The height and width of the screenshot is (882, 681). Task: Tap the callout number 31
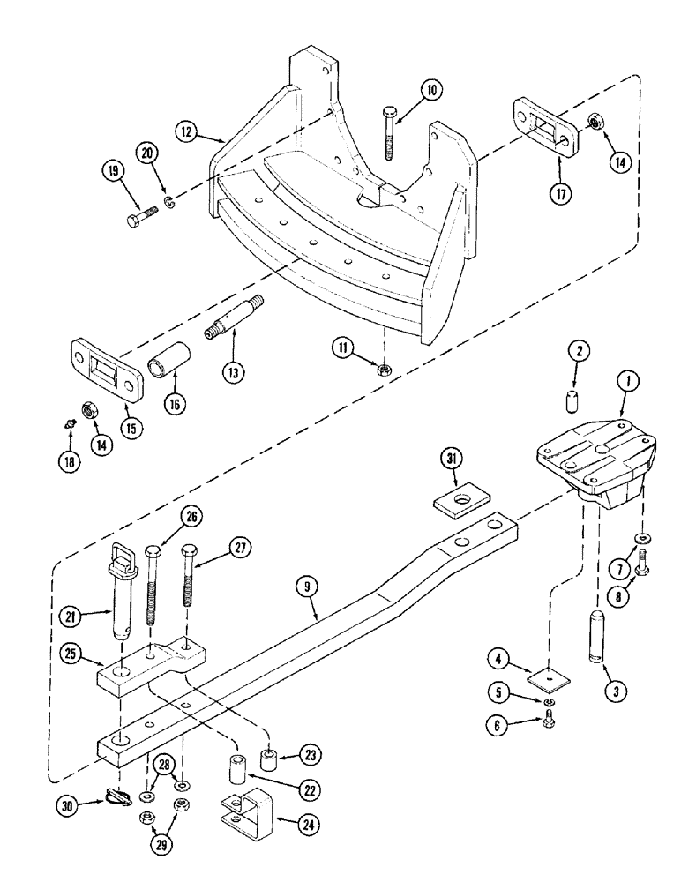[x=452, y=459]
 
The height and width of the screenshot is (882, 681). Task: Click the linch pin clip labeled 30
[x=116, y=796]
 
